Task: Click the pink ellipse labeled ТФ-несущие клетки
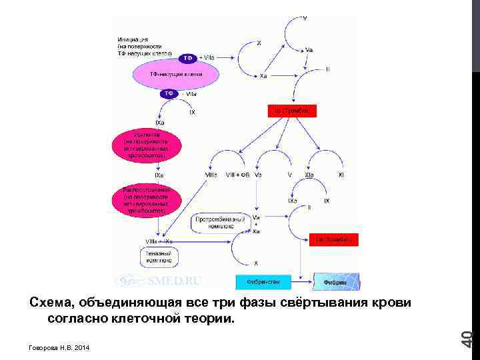tap(176, 74)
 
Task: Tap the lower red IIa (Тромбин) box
tap(335, 239)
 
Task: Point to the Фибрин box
tap(336, 281)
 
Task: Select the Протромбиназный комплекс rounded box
tap(215, 223)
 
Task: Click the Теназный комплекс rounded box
tap(158, 256)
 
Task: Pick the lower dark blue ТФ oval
tap(169, 94)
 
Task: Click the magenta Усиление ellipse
tap(146, 146)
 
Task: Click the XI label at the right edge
tap(341, 175)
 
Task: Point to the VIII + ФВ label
tap(237, 175)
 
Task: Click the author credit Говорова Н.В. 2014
tap(59, 348)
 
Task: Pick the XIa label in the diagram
tap(310, 175)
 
